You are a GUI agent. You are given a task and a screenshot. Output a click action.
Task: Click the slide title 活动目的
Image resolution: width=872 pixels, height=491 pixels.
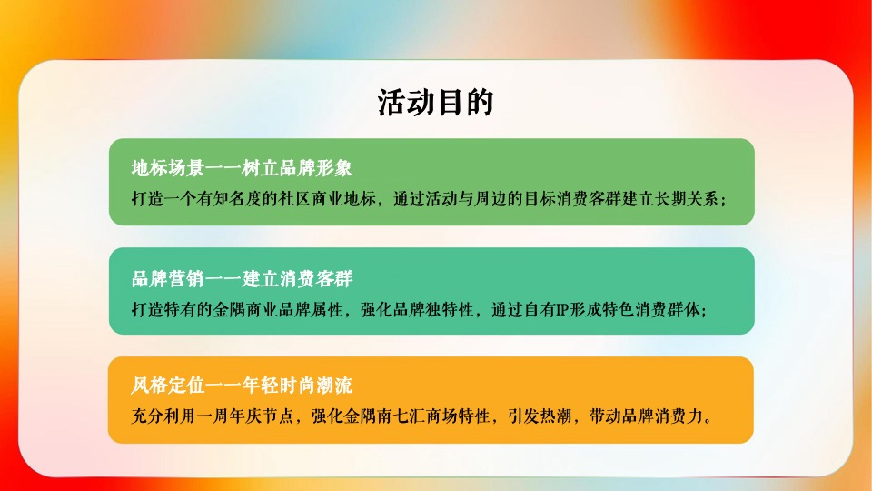pos(435,103)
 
